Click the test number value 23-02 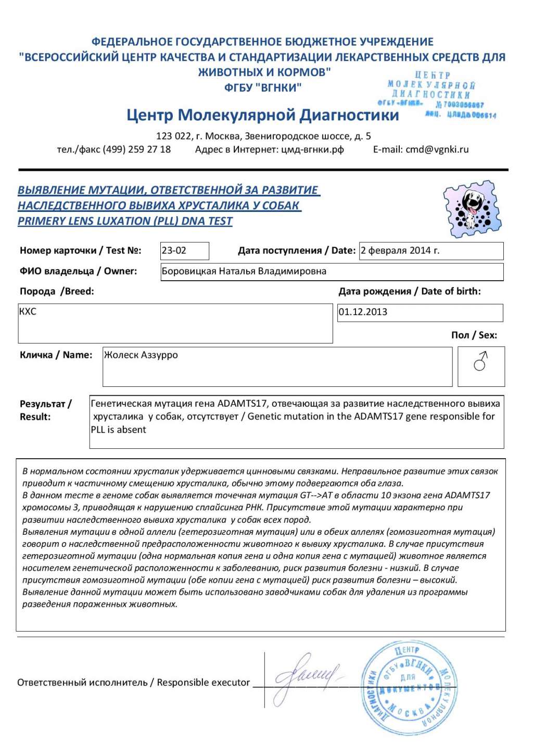(x=174, y=250)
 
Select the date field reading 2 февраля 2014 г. (x=400, y=250)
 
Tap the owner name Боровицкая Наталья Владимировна (x=244, y=271)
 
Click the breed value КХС (x=28, y=311)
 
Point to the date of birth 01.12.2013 (x=363, y=312)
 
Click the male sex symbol (x=480, y=361)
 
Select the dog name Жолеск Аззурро (x=141, y=355)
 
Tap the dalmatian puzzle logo (x=472, y=209)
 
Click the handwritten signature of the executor (x=307, y=676)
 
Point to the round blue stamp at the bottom (x=409, y=687)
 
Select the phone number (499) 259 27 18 (x=136, y=149)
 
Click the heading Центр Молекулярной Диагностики (x=262, y=115)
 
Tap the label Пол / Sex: (x=474, y=335)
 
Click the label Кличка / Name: (x=56, y=355)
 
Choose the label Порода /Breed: (x=57, y=292)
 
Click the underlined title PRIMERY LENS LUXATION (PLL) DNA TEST (x=125, y=221)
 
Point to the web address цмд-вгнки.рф (x=312, y=149)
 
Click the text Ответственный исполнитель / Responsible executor (x=133, y=682)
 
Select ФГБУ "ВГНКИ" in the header (x=263, y=87)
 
